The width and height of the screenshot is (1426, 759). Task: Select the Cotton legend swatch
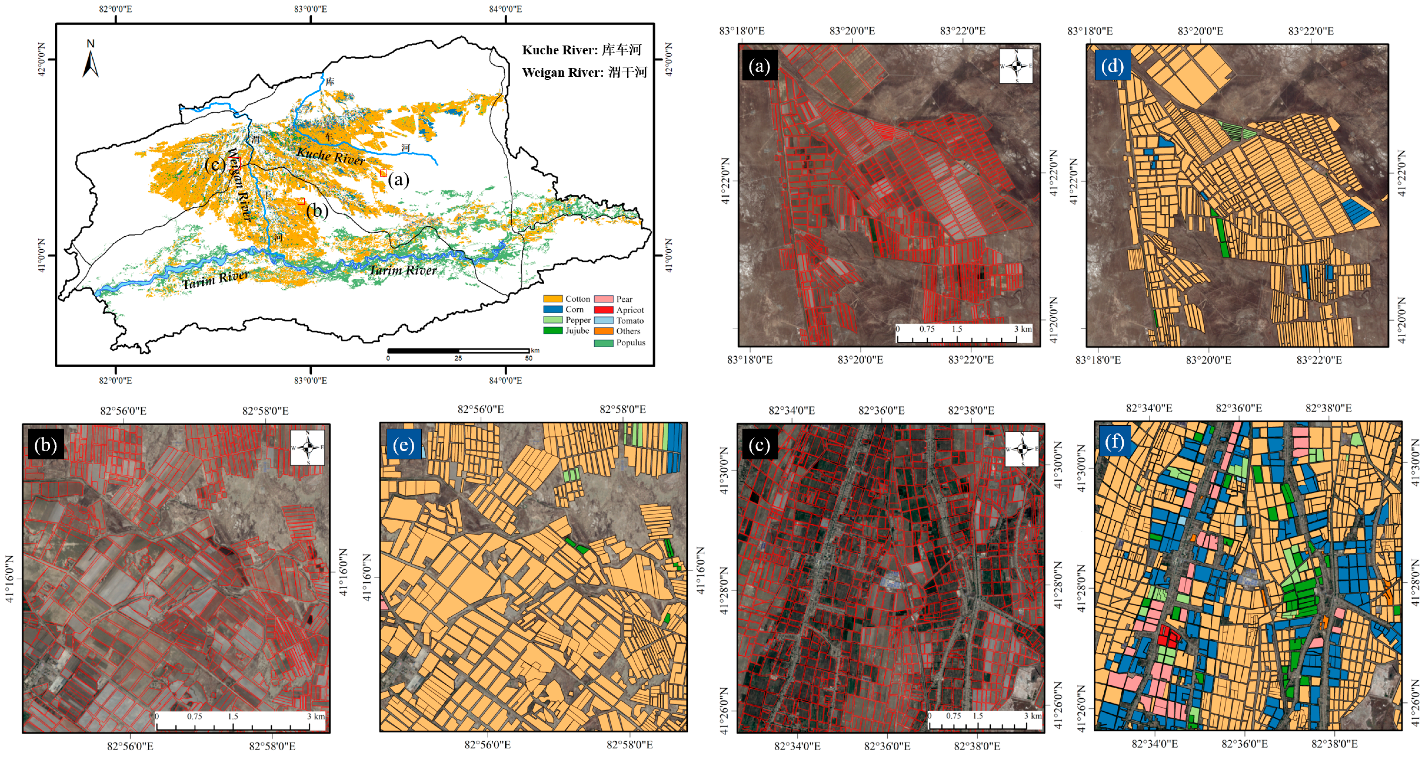(x=552, y=299)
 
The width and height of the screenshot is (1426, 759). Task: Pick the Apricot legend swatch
(x=603, y=310)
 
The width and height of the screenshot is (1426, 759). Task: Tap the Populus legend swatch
(x=603, y=343)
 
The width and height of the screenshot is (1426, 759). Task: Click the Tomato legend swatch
(x=603, y=320)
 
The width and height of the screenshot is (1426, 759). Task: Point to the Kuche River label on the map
(x=330, y=156)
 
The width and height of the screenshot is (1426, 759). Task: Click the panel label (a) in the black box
(x=759, y=66)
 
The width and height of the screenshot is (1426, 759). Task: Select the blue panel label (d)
(x=1112, y=66)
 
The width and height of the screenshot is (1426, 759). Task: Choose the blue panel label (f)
(x=1114, y=442)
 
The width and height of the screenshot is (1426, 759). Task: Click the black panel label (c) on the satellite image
(x=759, y=445)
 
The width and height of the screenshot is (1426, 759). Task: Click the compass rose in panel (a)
(x=1016, y=66)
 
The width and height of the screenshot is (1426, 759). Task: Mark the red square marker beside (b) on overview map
(x=301, y=201)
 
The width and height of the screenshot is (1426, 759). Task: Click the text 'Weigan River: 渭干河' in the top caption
(x=584, y=72)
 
